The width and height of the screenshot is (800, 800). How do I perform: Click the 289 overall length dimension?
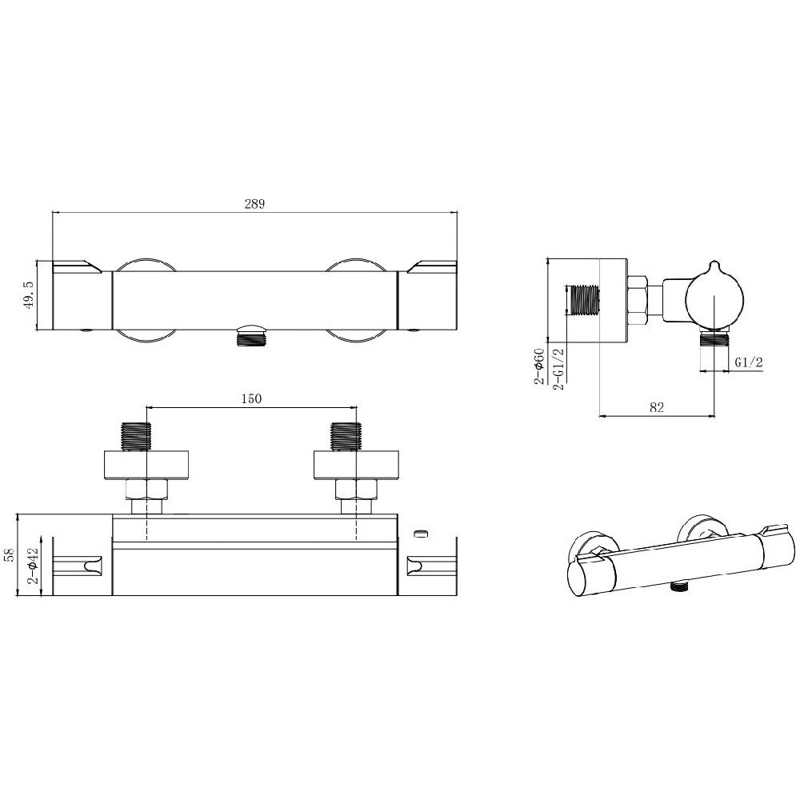[x=254, y=204]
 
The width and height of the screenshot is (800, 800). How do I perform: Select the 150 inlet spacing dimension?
[x=251, y=398]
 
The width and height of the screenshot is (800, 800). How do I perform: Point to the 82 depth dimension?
[x=657, y=407]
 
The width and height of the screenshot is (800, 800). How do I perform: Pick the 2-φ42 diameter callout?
[x=34, y=566]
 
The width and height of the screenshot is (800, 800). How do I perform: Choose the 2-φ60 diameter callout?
[x=540, y=366]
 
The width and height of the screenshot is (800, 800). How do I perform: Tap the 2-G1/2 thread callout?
[x=558, y=369]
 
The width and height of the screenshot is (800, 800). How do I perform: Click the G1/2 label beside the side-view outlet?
[x=749, y=362]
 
